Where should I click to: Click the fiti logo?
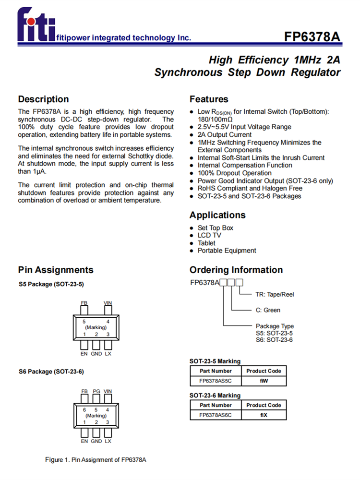coord(36,26)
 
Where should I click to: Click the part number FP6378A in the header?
coord(312,37)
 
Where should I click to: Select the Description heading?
coord(43,99)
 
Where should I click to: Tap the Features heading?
coord(209,99)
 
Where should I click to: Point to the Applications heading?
coord(217,215)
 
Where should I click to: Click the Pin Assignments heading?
coord(56,270)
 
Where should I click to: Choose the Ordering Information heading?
coord(236,270)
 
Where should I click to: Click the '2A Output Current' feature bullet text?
coord(224,135)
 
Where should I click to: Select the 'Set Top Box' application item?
coord(216,228)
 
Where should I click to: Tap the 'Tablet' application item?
coord(206,243)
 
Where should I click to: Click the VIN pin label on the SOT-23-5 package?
coord(108,303)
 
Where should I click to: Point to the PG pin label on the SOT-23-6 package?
coord(96,391)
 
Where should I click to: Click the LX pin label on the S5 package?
coord(108,353)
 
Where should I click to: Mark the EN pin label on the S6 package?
coord(84,441)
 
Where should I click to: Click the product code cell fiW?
coord(264,381)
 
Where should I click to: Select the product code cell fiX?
coord(264,415)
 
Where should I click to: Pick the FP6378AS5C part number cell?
coord(215,381)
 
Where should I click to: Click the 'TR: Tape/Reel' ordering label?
coord(275,294)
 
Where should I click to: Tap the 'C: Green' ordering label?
coord(268,310)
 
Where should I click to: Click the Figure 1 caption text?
coord(96,460)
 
